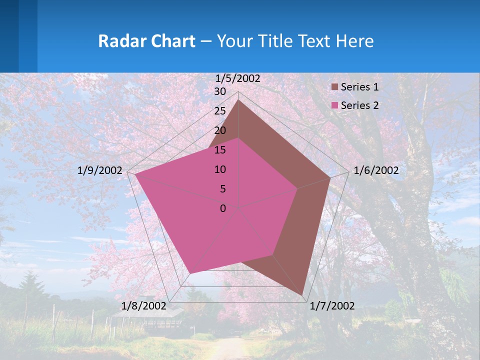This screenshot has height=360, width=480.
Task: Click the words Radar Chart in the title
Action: pos(146,41)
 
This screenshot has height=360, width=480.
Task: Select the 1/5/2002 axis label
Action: pos(238,78)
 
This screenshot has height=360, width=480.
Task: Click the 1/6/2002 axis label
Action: pos(376,170)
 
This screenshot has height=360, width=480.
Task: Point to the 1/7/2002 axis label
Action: pos(332,306)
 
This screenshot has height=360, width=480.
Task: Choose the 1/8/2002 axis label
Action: pos(144,306)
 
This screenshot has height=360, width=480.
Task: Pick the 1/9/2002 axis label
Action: pos(100,170)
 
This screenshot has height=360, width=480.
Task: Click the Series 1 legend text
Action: pos(359,87)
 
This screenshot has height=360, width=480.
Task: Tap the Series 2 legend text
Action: pos(359,105)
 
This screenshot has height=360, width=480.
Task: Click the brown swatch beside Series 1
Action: pos(335,87)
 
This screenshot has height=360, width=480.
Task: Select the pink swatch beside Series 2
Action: pos(335,106)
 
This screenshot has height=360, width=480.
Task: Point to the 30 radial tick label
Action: pos(220,91)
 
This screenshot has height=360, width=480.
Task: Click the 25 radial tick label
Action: pos(220,111)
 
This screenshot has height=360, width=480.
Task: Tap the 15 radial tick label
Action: pos(220,150)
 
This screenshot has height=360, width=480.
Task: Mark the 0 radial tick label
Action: pos(223,208)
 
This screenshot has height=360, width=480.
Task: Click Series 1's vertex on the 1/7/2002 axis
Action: pos(302,295)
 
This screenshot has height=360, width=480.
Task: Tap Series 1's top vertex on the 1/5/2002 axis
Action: pos(238,100)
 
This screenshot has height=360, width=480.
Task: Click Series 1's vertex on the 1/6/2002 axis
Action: pos(330,177)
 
